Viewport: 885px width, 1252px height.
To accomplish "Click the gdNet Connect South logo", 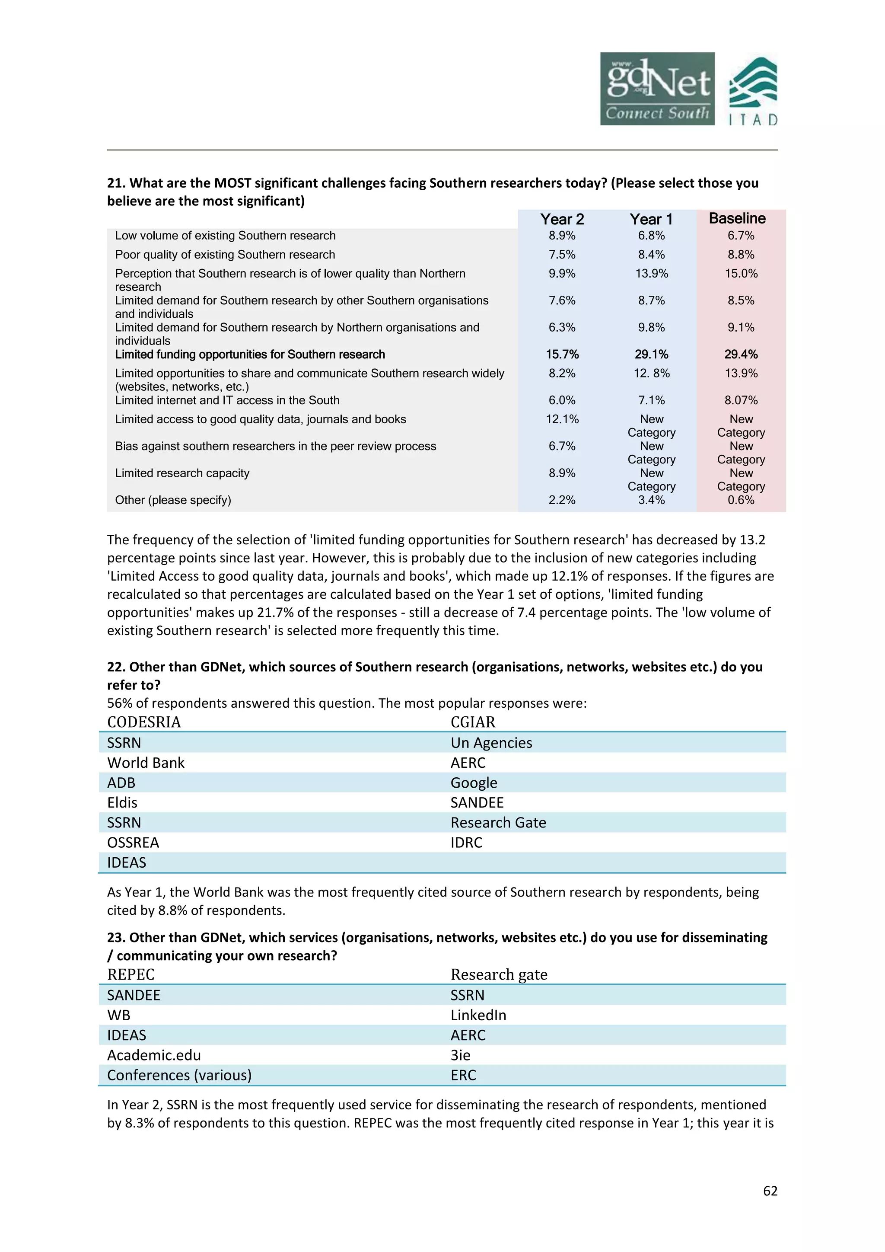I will click(x=657, y=89).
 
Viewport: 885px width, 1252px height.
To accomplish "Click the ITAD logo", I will click(x=753, y=91).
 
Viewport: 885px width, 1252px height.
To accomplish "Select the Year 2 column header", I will click(x=562, y=219).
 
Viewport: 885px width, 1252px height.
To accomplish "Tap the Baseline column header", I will click(x=737, y=218).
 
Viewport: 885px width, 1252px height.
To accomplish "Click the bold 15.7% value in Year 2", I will click(x=562, y=355).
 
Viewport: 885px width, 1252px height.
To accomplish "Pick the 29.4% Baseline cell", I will click(x=741, y=355).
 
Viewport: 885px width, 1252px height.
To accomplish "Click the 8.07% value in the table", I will click(x=741, y=400).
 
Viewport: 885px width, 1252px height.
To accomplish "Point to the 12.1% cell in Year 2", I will click(x=562, y=419).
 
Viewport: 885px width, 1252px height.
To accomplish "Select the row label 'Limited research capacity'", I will click(x=182, y=473).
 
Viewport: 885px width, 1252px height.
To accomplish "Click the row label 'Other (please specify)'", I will click(x=173, y=500).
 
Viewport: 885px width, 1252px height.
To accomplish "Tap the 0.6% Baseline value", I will click(x=741, y=500).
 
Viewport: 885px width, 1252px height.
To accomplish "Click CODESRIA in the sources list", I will click(x=144, y=722).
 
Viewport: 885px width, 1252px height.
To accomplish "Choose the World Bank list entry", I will click(x=146, y=763).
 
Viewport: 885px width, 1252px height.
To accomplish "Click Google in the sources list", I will click(x=474, y=783).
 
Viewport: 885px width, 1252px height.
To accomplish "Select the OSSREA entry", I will click(x=133, y=843).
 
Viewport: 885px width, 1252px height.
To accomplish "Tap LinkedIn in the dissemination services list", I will click(x=478, y=1016).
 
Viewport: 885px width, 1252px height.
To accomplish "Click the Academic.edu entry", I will click(x=154, y=1055).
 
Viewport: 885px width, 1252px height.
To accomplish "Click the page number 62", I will click(x=770, y=1191).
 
